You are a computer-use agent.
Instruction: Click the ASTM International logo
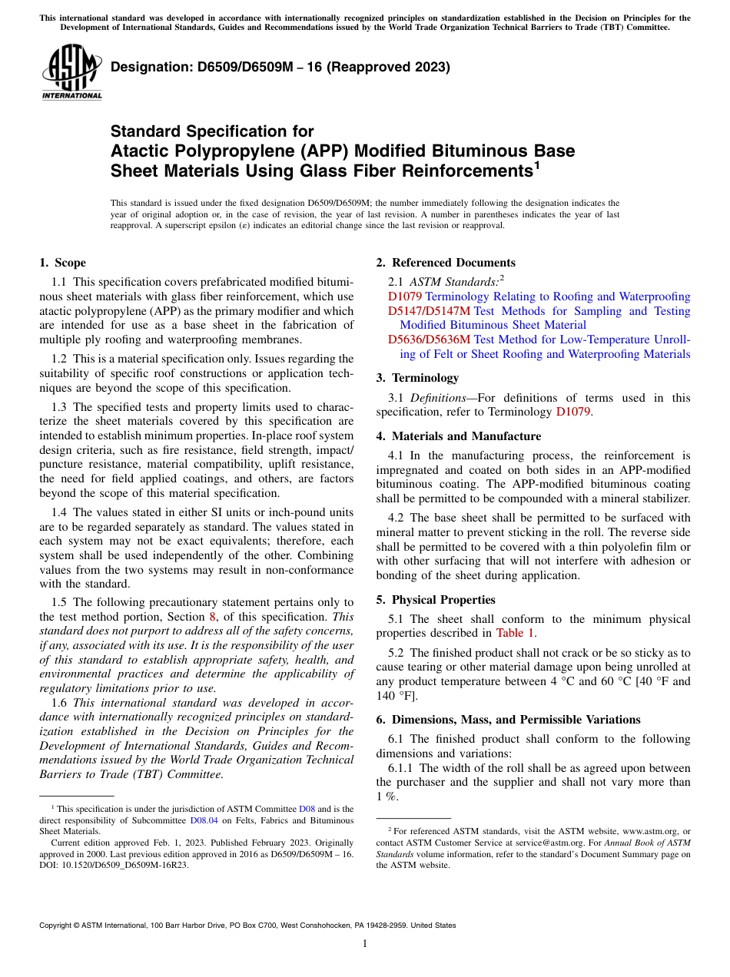[71, 73]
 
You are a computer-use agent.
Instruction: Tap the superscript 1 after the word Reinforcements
[537, 164]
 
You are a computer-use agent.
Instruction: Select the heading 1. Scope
[63, 263]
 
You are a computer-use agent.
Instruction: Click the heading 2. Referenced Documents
[446, 263]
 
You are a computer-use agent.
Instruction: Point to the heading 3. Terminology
[417, 378]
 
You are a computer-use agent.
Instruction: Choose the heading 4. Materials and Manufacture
[458, 436]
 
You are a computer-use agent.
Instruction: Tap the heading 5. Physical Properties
[436, 600]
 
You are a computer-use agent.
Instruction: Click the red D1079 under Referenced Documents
[405, 296]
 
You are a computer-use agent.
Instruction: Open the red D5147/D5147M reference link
[429, 311]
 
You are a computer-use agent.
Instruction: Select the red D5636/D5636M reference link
[429, 339]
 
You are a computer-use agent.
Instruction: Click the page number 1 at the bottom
[365, 944]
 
